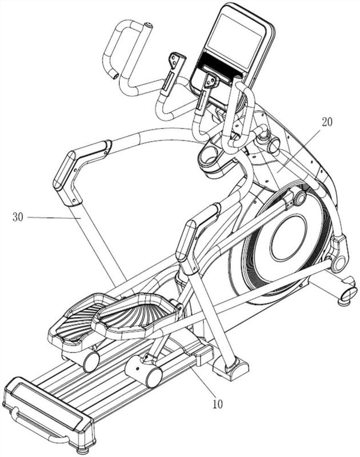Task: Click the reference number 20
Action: tap(327, 122)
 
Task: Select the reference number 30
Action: tap(18, 217)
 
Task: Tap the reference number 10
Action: tap(218, 404)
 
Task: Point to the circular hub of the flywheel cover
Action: tap(289, 238)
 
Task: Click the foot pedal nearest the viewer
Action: tap(136, 317)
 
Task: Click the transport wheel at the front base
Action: tap(349, 293)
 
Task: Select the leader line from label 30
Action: tap(54, 218)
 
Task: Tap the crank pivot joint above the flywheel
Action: tap(299, 198)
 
